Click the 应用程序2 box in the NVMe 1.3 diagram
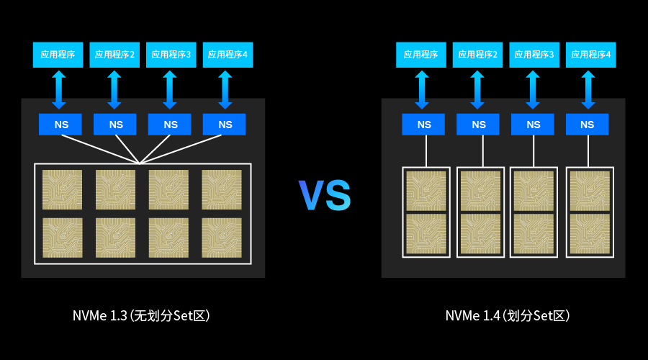pyautogui.click(x=114, y=55)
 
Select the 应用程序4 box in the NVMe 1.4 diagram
pyautogui.click(x=590, y=55)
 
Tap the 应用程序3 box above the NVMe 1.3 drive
pyautogui.click(x=171, y=55)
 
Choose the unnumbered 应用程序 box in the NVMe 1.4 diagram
pyautogui.click(x=420, y=55)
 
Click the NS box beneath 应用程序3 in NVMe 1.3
pyautogui.click(x=169, y=125)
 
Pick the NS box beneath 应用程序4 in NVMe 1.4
pyautogui.click(x=587, y=125)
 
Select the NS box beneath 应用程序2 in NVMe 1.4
pyautogui.click(x=478, y=125)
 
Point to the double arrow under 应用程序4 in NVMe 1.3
pyautogui.click(x=225, y=90)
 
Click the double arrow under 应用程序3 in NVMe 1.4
pyautogui.click(x=532, y=90)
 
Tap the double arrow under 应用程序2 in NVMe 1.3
pyautogui.click(x=114, y=90)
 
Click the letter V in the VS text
pyautogui.click(x=311, y=195)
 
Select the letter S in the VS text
pyautogui.click(x=338, y=195)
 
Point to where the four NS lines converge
pyautogui.click(x=140, y=163)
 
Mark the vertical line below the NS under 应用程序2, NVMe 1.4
pyautogui.click(x=482, y=151)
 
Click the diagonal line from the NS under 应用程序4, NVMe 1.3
pyautogui.click(x=181, y=149)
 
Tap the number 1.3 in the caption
pyautogui.click(x=119, y=316)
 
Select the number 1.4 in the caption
pyautogui.click(x=491, y=316)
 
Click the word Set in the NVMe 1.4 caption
pyautogui.click(x=543, y=316)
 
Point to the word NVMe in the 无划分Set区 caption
pyautogui.click(x=90, y=316)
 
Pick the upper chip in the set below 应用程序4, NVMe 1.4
pyautogui.click(x=590, y=191)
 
